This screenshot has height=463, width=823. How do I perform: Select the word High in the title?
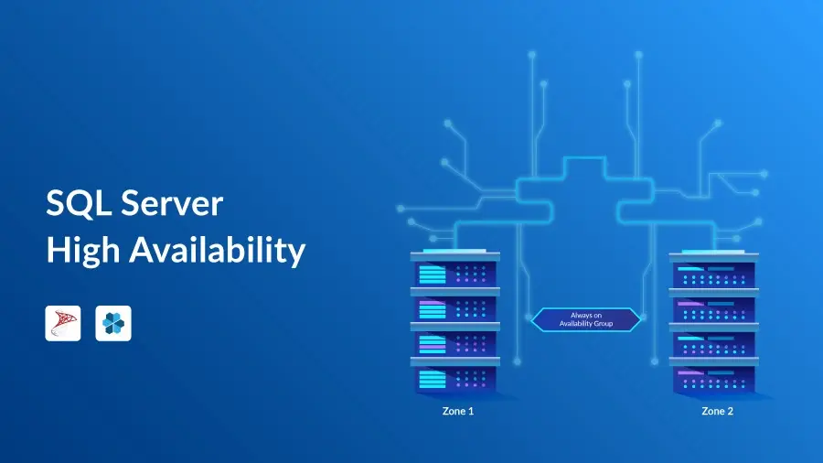pos(81,249)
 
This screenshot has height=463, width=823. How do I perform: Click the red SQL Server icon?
pos(63,323)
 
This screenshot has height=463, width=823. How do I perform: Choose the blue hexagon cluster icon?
pos(113,323)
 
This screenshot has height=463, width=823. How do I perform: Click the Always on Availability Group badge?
pos(585,318)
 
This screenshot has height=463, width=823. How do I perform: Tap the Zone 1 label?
pos(457,412)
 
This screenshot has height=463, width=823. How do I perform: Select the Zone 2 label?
pos(717,412)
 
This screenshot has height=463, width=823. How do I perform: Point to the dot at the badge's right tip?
pos(642,318)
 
